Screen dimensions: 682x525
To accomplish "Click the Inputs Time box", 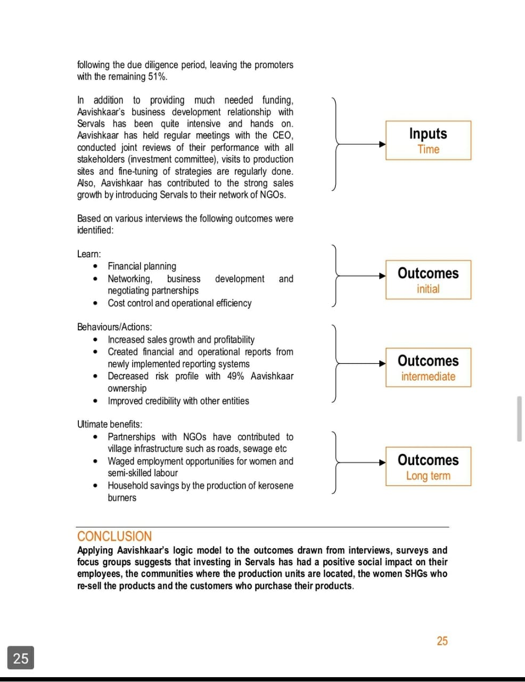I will click(x=428, y=140).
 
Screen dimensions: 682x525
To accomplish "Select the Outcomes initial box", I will click(x=428, y=280).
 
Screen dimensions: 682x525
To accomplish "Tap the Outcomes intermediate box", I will click(x=428, y=368).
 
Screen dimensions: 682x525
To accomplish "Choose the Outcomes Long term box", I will click(x=428, y=466).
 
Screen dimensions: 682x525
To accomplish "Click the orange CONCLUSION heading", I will click(x=114, y=537).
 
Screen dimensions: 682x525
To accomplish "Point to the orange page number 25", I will click(x=442, y=641).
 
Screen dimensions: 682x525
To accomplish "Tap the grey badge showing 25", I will click(x=21, y=658).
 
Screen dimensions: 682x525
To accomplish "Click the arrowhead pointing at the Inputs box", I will click(x=382, y=144).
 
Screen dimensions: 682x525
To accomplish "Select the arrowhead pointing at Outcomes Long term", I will click(x=382, y=462).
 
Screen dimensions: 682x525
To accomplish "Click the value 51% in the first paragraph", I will click(x=157, y=77).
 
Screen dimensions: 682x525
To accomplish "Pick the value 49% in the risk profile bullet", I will click(x=235, y=376).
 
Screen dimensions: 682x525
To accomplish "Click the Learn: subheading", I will click(x=89, y=254).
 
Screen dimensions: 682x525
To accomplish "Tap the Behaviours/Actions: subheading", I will click(x=114, y=327).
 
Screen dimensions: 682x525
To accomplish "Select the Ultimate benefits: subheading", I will click(x=110, y=425).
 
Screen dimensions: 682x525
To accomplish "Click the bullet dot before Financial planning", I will click(x=95, y=266).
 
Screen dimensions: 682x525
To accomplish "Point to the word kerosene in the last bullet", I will click(x=275, y=485).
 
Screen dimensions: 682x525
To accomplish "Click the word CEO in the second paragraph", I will click(x=282, y=135).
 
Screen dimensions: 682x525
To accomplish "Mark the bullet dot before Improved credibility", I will click(x=95, y=401).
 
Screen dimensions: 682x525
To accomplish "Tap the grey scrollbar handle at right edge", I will click(x=519, y=418).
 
